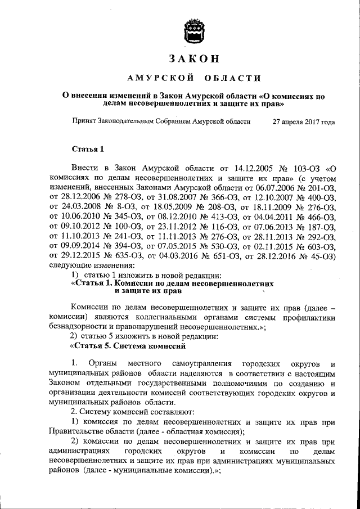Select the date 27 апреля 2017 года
click(303, 121)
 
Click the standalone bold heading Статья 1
click(88, 149)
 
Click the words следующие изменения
click(92, 260)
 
